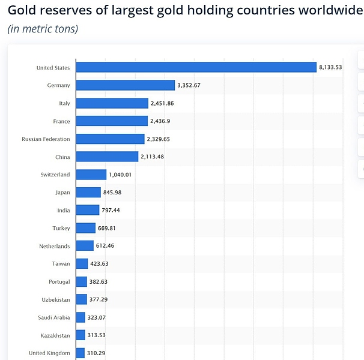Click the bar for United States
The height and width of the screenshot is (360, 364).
click(196, 67)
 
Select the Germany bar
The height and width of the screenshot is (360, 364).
click(125, 85)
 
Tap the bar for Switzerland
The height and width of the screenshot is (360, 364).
click(91, 175)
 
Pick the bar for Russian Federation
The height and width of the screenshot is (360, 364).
click(110, 139)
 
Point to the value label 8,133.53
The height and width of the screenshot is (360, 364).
click(330, 67)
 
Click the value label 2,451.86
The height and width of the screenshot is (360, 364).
click(162, 103)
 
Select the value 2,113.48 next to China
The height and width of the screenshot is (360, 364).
click(152, 157)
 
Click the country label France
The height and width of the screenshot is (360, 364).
click(61, 121)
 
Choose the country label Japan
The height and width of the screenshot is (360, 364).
click(62, 193)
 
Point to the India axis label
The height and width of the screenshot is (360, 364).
click(64, 210)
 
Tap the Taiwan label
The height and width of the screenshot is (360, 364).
click(61, 263)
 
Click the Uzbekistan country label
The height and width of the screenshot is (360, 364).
click(55, 299)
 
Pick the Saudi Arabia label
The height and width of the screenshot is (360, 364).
click(54, 317)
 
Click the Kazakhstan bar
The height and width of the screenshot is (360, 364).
click(80, 335)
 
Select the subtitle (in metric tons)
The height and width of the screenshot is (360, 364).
click(43, 28)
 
